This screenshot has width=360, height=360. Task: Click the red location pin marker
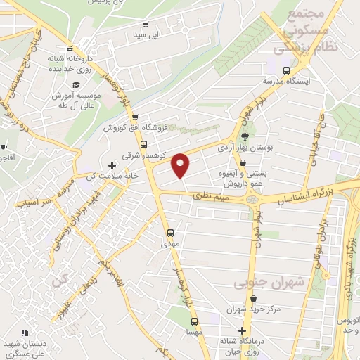pyautogui.click(x=181, y=165)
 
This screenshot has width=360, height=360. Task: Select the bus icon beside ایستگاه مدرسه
pyautogui.click(x=286, y=70)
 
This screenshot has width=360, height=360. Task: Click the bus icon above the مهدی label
pyautogui.click(x=170, y=233)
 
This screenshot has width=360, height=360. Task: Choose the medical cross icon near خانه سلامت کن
pyautogui.click(x=112, y=165)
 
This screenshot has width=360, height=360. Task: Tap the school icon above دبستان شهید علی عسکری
pyautogui.click(x=25, y=332)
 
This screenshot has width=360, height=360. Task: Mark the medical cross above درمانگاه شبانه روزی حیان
pyautogui.click(x=243, y=330)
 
